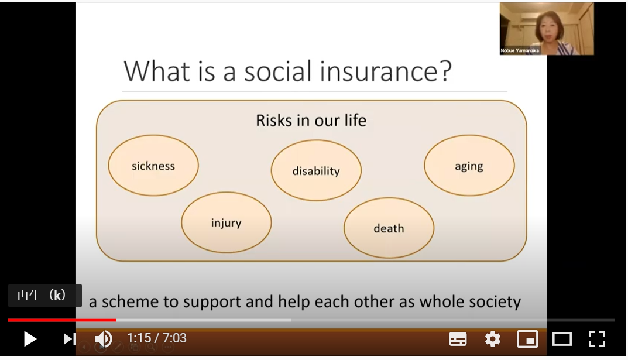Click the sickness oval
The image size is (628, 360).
(x=153, y=166)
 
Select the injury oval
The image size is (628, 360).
(x=226, y=223)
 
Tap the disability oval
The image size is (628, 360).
(x=316, y=170)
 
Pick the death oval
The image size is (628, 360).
(x=389, y=228)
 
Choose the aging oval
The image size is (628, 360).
(x=469, y=166)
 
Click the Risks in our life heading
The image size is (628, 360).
(x=311, y=121)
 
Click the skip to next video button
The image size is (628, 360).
(x=69, y=339)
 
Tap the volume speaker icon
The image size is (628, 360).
(x=103, y=339)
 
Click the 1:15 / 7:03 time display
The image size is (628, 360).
(x=157, y=338)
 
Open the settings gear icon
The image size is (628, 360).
(x=493, y=339)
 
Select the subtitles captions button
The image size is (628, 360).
(x=458, y=339)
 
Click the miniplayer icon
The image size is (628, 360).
(x=527, y=339)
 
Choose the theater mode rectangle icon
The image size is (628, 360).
(x=562, y=339)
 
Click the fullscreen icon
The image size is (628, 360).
(x=596, y=339)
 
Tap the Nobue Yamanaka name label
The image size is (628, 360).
(x=520, y=51)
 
